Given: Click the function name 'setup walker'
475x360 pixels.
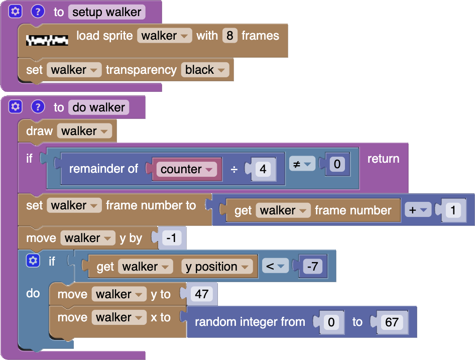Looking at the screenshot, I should point(106,12).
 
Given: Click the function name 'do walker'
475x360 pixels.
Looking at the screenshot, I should point(98,107).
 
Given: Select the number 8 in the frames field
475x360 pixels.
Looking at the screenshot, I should point(229,36).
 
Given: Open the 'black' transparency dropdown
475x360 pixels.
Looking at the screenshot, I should point(205,70).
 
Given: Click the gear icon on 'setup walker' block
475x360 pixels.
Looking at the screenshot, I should point(16,11).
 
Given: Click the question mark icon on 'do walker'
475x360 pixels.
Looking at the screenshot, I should point(38,107).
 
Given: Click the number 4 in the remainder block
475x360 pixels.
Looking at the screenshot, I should point(263,169).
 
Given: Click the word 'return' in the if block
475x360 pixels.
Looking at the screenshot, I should point(383,159).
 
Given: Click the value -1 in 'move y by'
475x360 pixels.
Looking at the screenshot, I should point(172,238).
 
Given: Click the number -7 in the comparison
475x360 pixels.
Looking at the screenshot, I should point(312,267).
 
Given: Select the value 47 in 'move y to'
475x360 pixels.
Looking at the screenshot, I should point(202,294).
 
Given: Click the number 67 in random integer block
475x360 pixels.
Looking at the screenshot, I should point(392,322).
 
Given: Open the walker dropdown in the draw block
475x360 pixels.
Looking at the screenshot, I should point(84,131).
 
